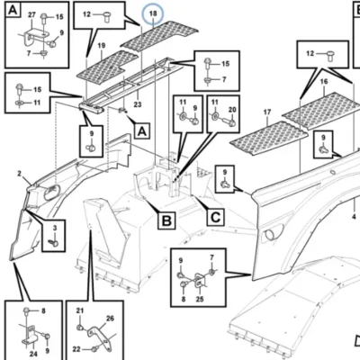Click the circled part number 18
pos(153,13)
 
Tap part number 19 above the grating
pos(102,46)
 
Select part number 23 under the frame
pos(138,104)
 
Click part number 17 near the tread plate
pos(267,112)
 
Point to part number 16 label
pos(324,82)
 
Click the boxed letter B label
pos(166,220)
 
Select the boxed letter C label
pos(215,217)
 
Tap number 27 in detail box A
pos(31,15)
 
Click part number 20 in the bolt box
pos(232,110)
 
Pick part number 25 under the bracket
pos(200,299)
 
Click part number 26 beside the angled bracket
pos(110,319)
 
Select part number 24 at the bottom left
pos(33,354)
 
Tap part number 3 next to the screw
pos(55,229)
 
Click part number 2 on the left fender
pos(20,174)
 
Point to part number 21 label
pos(79,310)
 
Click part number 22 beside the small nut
pos(76,349)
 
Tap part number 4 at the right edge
pos(354,217)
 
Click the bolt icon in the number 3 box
pos(54,242)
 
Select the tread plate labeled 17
pos(268,139)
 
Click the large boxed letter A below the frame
pos(142,131)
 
